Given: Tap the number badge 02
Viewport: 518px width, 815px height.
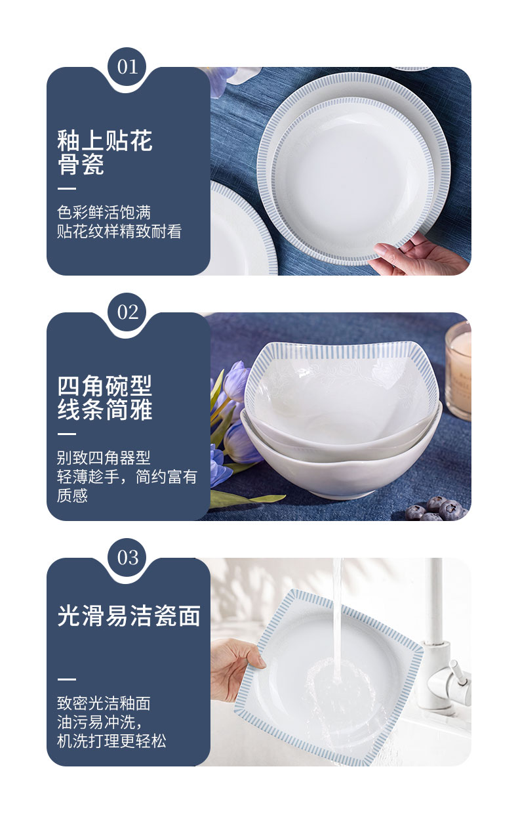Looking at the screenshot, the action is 127,312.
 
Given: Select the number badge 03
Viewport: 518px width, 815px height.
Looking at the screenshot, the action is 127,558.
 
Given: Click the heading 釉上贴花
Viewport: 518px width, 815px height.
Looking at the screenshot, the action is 105,140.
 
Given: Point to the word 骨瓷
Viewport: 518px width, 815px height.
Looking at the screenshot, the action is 81,164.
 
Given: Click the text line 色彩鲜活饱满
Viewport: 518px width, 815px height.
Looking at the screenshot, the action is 104,213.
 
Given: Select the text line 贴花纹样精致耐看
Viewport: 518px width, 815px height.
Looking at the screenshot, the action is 119,232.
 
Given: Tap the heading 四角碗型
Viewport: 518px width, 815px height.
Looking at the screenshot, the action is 105,386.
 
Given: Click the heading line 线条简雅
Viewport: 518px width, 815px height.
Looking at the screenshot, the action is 105,409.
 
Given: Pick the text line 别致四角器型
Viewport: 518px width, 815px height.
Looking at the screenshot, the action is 104,458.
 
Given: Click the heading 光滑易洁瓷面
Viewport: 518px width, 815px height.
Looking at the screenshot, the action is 129,616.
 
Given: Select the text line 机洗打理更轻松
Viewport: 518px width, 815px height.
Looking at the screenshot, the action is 111,741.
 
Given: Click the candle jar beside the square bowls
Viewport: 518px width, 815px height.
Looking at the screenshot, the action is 459,370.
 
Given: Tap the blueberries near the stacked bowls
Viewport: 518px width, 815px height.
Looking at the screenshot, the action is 436,508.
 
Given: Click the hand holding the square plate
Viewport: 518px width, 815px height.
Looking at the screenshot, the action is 236,669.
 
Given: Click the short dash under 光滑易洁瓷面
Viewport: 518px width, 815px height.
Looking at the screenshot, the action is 66,679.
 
